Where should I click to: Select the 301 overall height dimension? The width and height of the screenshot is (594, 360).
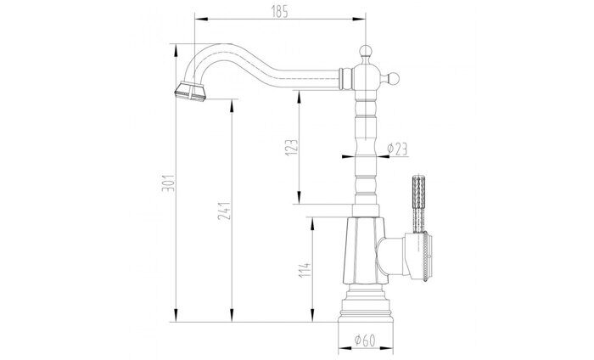(168, 183)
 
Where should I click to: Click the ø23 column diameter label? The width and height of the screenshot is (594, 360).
(397, 149)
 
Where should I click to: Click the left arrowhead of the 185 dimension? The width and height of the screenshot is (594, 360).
(199, 19)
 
